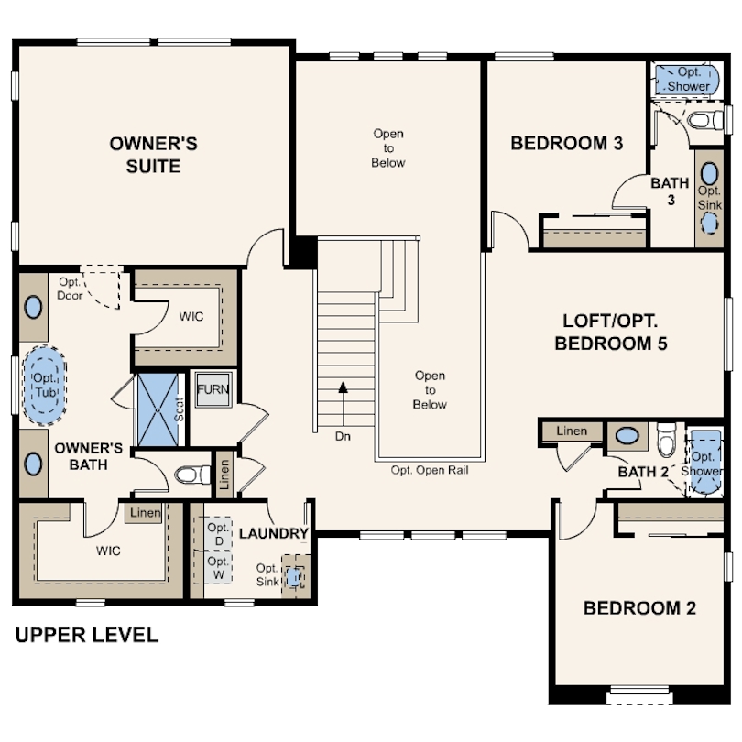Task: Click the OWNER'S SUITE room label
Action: (153, 155)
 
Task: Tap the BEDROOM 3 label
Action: (566, 143)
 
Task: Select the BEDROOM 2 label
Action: (639, 608)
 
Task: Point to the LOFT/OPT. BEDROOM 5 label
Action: (610, 333)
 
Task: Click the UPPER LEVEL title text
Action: (87, 635)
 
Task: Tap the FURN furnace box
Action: (213, 389)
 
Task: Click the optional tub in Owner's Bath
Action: (45, 386)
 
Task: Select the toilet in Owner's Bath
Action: (192, 475)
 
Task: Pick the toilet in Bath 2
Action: (667, 440)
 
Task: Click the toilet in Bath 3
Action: (705, 120)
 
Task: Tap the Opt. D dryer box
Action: (218, 534)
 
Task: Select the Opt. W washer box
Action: (218, 567)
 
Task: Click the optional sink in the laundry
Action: (294, 577)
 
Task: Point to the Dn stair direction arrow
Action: (344, 405)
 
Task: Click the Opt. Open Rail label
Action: (430, 470)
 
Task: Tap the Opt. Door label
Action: (70, 289)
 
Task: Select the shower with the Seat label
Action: (158, 409)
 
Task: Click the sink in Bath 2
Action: (627, 435)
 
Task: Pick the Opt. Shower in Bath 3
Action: (687, 79)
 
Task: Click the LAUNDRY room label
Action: (274, 533)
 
